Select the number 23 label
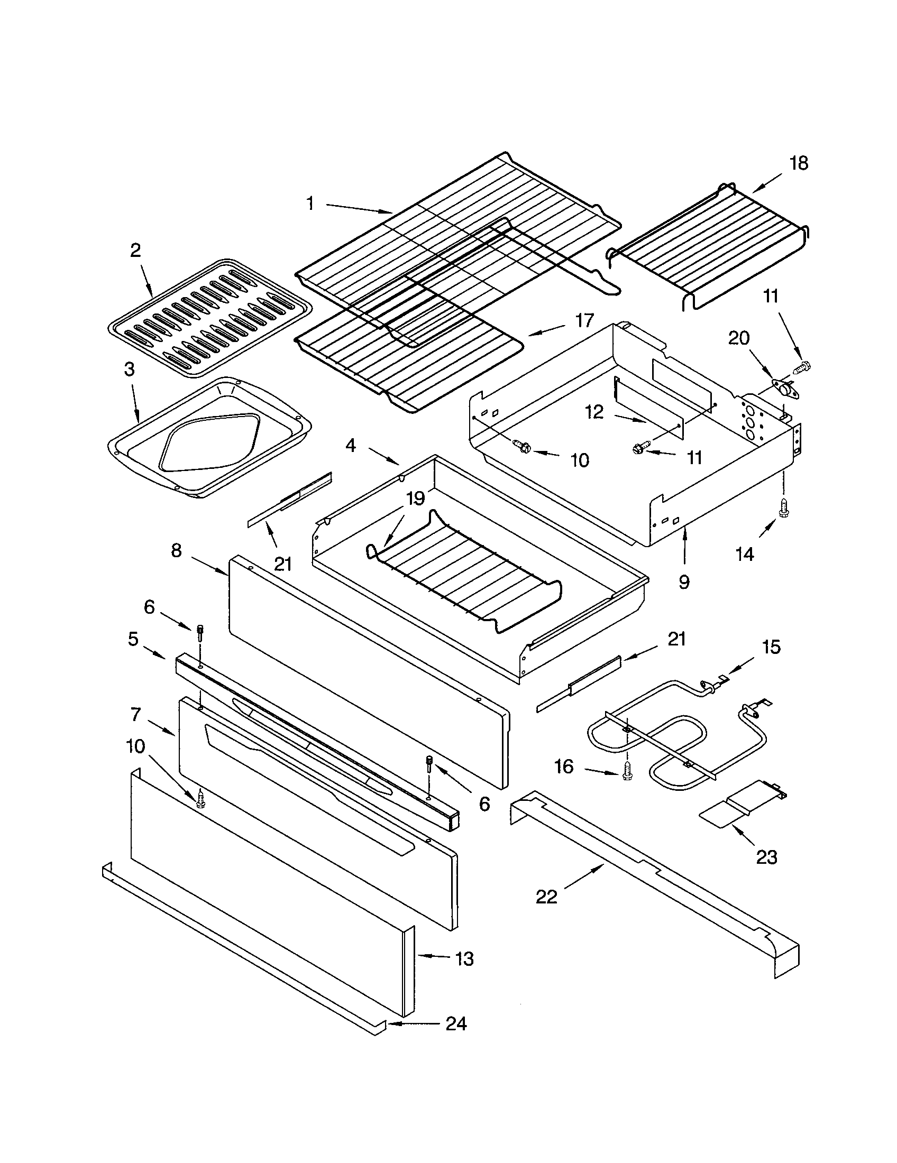click(x=766, y=857)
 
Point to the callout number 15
click(x=771, y=647)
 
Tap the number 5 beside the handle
click(x=133, y=639)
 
